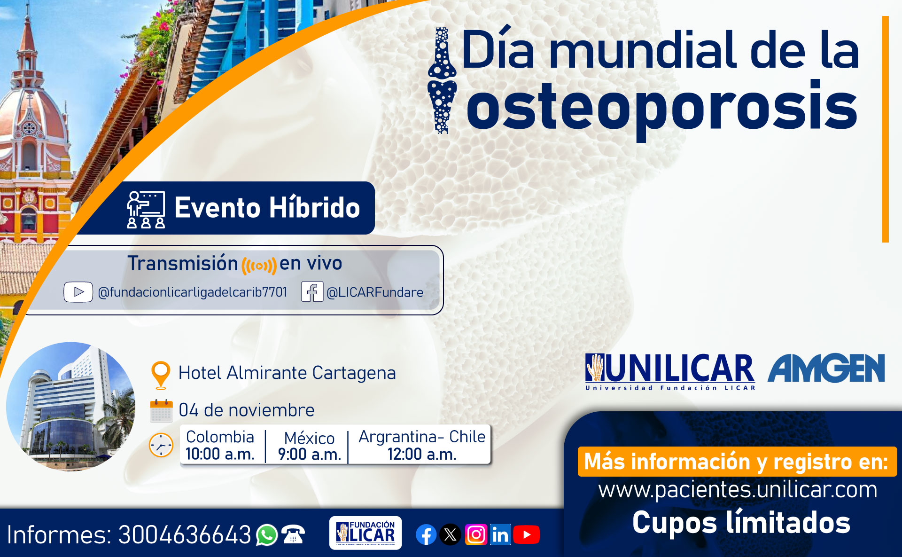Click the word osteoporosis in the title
[662, 107]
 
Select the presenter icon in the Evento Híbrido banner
[146, 209]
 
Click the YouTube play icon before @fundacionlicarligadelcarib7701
[78, 292]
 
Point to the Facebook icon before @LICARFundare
[312, 292]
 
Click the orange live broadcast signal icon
[259, 266]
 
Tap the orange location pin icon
[161, 375]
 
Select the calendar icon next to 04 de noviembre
[161, 411]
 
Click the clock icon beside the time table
[161, 445]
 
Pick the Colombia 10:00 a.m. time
[220, 445]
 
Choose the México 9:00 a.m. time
[309, 446]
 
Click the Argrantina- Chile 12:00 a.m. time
[422, 445]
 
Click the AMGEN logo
[826, 368]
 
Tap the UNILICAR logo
[670, 372]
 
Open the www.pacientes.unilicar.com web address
[738, 490]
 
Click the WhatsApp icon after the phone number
[267, 535]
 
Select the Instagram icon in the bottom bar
[476, 534]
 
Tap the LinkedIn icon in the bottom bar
[500, 534]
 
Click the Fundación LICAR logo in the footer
[365, 533]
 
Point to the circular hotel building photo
[71, 407]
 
